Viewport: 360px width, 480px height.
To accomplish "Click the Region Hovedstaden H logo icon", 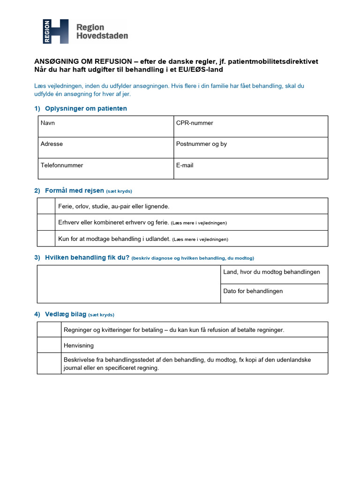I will pos(56,31).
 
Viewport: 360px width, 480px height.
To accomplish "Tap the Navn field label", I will pos(48,123).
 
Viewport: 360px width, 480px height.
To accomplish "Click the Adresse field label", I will pos(52,144).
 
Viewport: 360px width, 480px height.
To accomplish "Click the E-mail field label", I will pos(185,165).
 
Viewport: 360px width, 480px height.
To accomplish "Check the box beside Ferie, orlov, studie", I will pos(46,206).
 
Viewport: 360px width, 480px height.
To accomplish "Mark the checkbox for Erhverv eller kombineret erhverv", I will pos(46,222).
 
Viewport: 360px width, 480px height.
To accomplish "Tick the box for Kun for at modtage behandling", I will pos(46,239).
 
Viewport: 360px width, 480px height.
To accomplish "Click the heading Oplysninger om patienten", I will pos(86,108).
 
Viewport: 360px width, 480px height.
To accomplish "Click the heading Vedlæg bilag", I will pos(66,314).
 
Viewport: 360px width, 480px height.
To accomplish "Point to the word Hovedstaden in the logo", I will pos(102,36).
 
